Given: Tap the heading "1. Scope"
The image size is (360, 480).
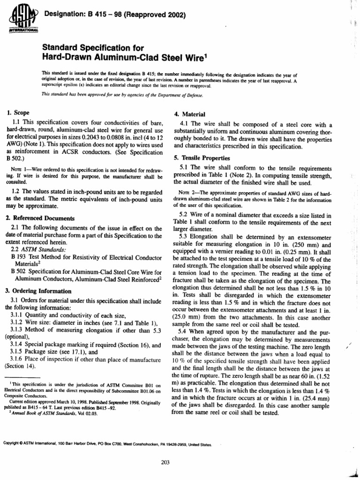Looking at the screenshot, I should tap(18, 113).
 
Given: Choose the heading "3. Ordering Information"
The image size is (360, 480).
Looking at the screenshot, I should tap(38, 291).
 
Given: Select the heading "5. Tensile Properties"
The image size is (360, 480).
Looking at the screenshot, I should tap(202, 157).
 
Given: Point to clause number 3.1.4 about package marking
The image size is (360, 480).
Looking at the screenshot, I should tap(19, 345).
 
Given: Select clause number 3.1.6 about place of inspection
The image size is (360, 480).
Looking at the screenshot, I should tap(19, 359).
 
